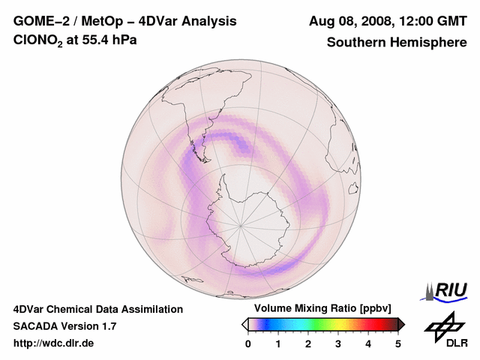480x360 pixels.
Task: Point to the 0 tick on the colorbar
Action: pos(248,343)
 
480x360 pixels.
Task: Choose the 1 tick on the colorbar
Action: pos(278,343)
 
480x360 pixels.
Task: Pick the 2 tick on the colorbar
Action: pos(308,343)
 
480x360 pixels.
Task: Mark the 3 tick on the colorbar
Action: pos(338,343)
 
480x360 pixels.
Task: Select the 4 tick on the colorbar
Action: pos(368,343)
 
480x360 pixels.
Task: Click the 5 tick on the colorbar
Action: pos(398,343)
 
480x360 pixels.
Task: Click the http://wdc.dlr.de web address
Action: pos(54,343)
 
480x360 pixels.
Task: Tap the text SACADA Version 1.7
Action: pos(64,326)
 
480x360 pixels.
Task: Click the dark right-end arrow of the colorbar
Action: pos(401,324)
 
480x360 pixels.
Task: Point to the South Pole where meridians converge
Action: pos(241,224)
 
